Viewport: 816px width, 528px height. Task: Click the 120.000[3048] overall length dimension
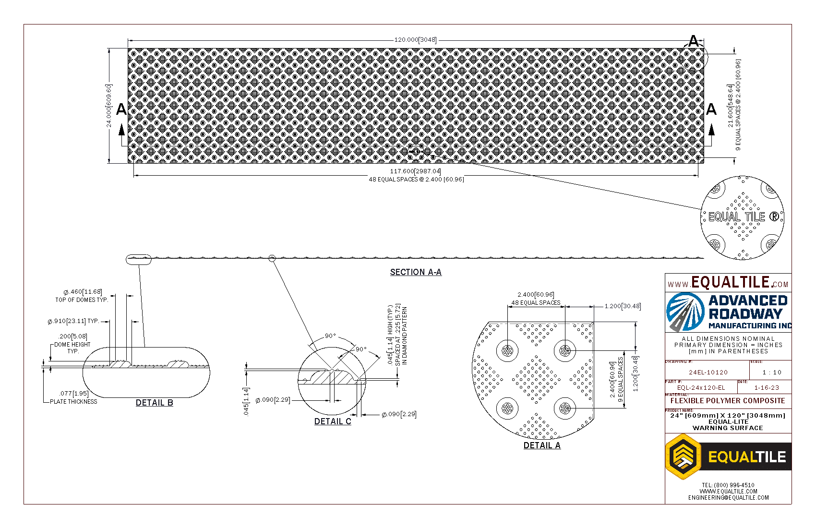click(x=415, y=40)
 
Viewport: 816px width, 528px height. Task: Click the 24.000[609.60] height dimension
click(x=109, y=106)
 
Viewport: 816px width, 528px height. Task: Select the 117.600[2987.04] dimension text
click(x=415, y=171)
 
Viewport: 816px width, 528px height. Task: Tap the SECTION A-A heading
click(x=416, y=272)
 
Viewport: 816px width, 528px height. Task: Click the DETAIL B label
click(x=154, y=403)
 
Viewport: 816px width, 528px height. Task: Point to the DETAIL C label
click(x=333, y=421)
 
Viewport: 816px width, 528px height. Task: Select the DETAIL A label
click(x=542, y=445)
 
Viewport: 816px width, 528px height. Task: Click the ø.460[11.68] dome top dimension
click(x=83, y=292)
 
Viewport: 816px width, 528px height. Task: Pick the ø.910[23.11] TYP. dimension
click(x=73, y=321)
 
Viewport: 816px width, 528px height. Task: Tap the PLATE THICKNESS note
click(x=73, y=402)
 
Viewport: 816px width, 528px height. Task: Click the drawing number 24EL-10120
click(x=708, y=372)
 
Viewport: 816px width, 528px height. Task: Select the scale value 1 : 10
click(x=772, y=372)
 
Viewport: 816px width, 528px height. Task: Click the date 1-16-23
click(x=767, y=388)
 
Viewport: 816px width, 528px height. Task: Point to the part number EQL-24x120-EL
click(x=701, y=388)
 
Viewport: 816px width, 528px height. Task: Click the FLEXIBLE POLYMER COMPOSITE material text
click(x=728, y=401)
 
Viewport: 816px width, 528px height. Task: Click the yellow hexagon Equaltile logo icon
click(x=683, y=456)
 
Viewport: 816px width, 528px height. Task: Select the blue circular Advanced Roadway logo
click(x=685, y=312)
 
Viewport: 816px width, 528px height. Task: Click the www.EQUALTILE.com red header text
click(x=728, y=283)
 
